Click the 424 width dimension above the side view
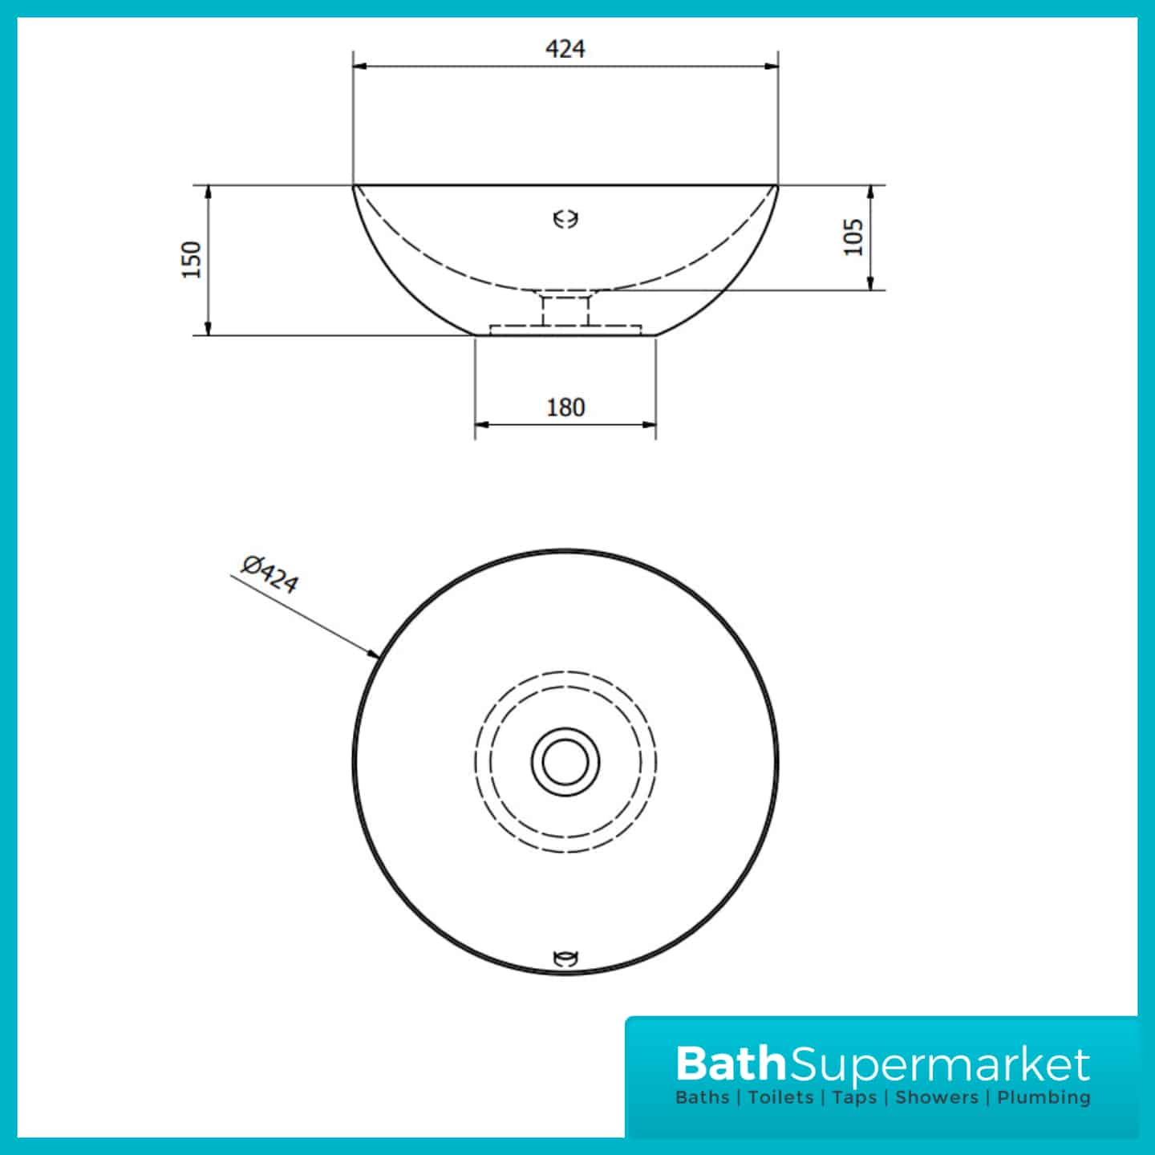point(565,49)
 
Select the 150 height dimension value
point(191,260)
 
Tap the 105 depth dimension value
point(853,237)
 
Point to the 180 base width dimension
point(565,407)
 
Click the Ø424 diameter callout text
point(269,574)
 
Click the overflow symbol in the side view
point(565,219)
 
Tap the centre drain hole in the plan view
point(565,762)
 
